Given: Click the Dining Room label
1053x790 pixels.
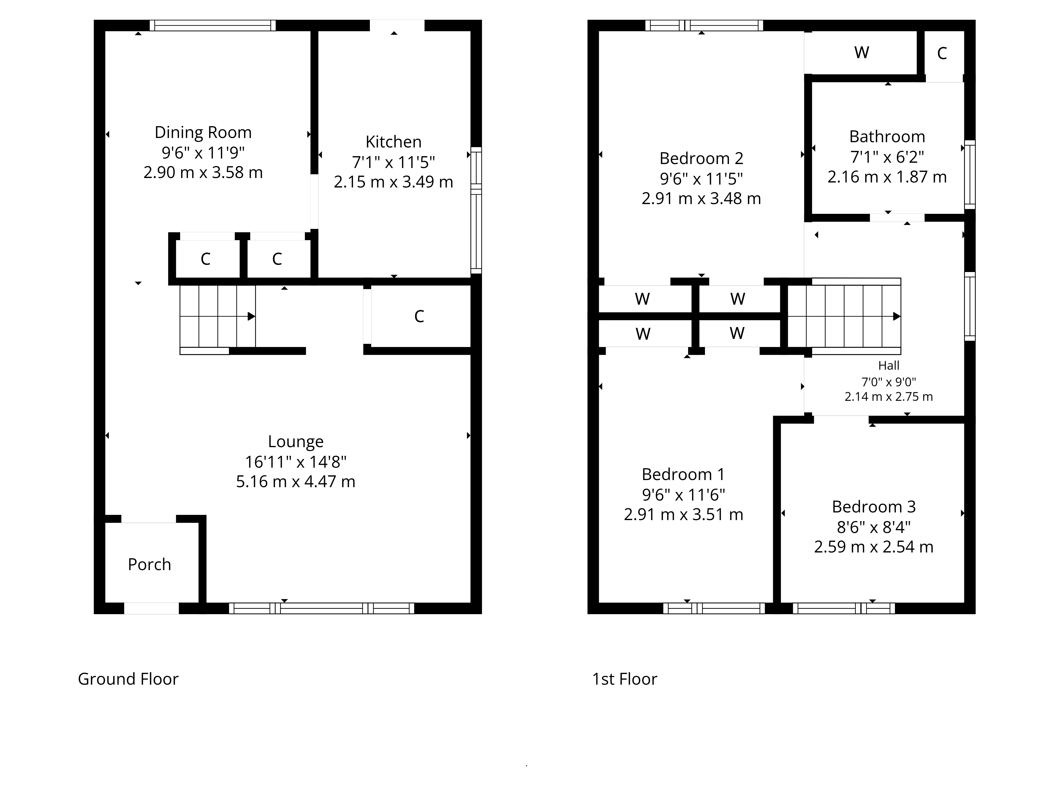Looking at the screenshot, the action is pyautogui.click(x=203, y=132).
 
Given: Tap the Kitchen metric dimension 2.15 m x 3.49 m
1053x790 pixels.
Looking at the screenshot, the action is pyautogui.click(x=393, y=182).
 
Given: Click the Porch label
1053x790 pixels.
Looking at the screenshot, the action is pyautogui.click(x=150, y=564).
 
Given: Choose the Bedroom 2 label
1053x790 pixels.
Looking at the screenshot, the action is pyautogui.click(x=701, y=158).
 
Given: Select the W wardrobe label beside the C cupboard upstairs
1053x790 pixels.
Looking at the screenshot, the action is pyautogui.click(x=862, y=52).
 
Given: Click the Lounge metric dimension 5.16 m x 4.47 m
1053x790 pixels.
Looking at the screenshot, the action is pyautogui.click(x=296, y=481).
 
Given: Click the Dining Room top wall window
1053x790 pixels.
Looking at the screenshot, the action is pyautogui.click(x=213, y=25).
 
